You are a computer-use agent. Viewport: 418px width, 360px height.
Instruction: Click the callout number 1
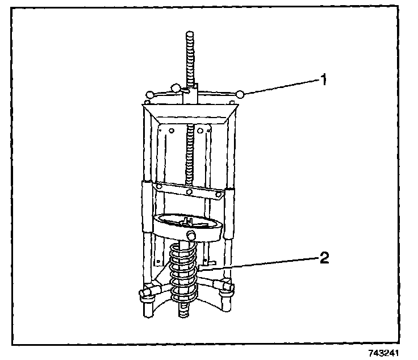coord(323,79)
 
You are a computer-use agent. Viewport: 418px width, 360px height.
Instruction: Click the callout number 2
coord(323,258)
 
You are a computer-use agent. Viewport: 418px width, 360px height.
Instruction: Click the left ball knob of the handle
coord(150,94)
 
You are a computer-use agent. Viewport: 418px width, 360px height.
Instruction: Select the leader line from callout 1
coord(281,87)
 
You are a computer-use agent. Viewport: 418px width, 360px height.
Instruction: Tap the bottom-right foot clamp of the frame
coord(228,287)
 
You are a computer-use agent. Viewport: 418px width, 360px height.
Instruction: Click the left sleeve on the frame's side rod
coord(147,207)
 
